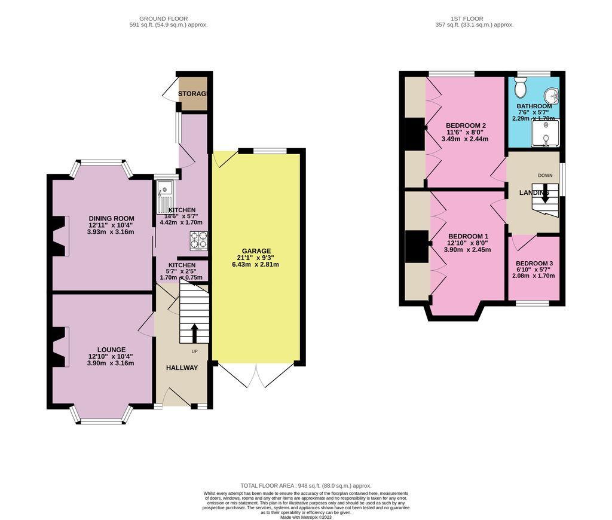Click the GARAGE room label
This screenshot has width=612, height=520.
(256, 251)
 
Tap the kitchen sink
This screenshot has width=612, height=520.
(164, 197)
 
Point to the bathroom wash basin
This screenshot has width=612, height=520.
(553, 94)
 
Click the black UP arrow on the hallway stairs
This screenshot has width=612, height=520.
(194, 333)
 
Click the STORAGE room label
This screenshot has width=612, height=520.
(192, 94)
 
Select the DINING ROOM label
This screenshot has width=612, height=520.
(111, 218)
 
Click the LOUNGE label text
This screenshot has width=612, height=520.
(111, 350)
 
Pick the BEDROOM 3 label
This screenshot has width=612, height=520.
(534, 264)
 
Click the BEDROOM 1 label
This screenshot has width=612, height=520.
(469, 236)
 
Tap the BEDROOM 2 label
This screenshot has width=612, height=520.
(466, 126)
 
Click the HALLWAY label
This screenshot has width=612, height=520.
(182, 368)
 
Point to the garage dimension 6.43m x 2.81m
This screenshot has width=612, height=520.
(256, 265)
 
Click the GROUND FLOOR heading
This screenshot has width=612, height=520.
(168, 19)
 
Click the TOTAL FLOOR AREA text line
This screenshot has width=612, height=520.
(305, 486)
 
